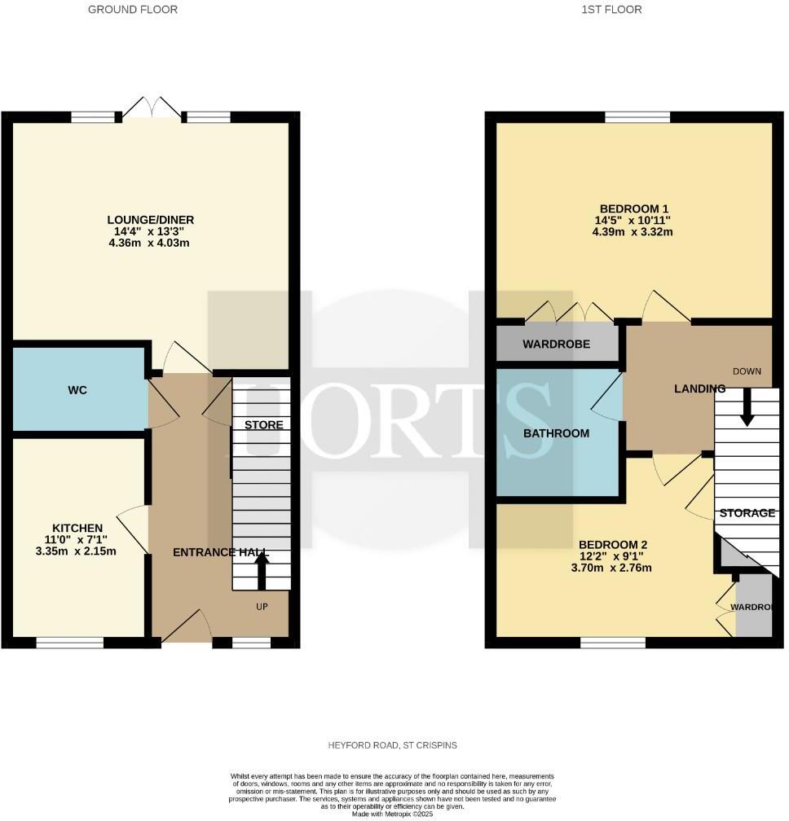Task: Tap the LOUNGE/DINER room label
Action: [x=150, y=220]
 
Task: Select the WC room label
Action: [x=77, y=390]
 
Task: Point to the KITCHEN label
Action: [x=77, y=528]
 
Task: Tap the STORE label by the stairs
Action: [x=264, y=425]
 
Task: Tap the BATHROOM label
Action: [x=556, y=433]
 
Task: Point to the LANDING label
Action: [x=699, y=389]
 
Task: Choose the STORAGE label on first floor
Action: [x=747, y=513]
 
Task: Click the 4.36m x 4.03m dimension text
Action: [x=150, y=244]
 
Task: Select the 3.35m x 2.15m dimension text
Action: [x=77, y=551]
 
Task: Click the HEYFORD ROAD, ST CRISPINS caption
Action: [x=394, y=745]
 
